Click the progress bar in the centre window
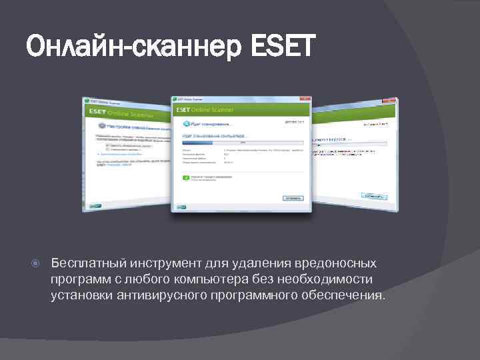pyautogui.click(x=242, y=141)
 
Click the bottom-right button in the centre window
pyautogui.click(x=293, y=198)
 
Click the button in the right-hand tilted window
pyautogui.click(x=375, y=196)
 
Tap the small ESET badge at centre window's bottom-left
pyautogui.click(x=180, y=207)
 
